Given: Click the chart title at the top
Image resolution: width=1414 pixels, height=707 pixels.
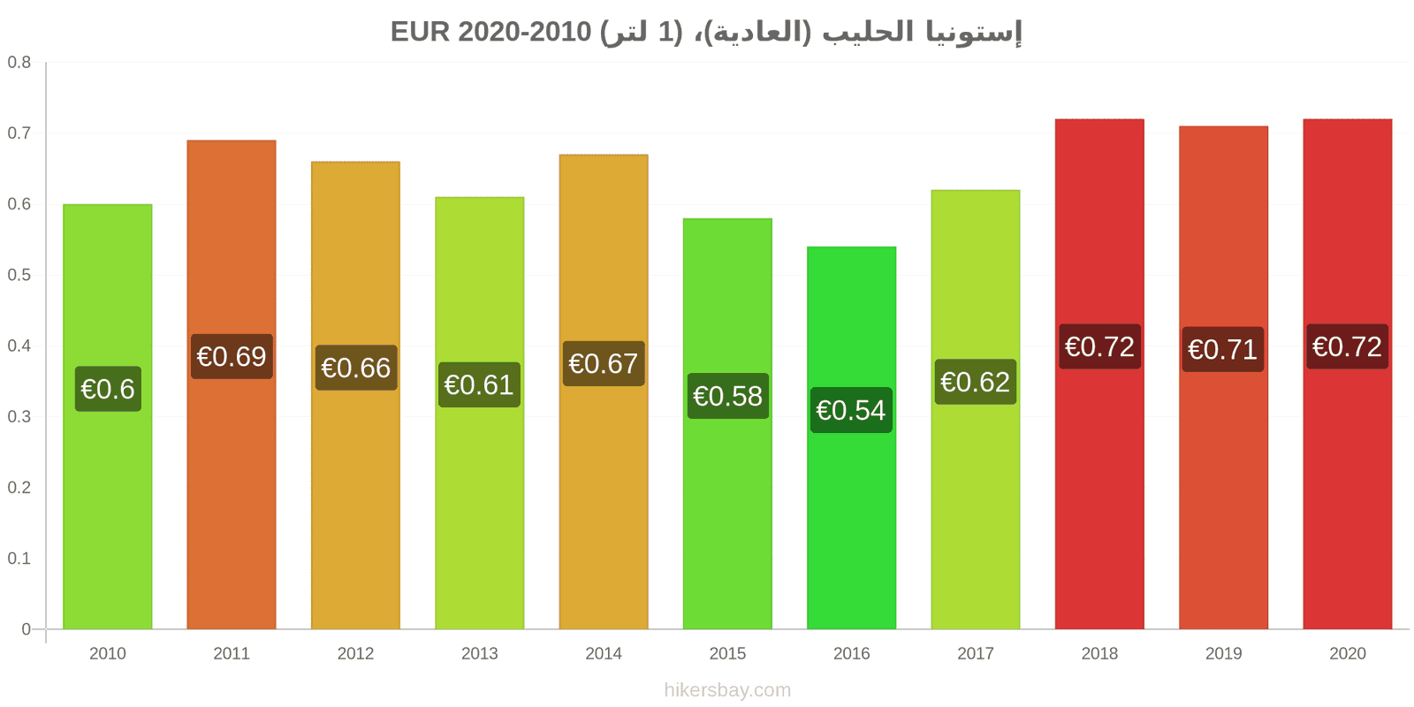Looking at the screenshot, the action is pyautogui.click(x=706, y=32).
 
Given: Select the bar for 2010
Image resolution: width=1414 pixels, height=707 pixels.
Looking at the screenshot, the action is pyautogui.click(x=107, y=416).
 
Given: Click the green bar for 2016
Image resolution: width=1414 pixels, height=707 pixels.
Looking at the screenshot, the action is pyautogui.click(x=852, y=438).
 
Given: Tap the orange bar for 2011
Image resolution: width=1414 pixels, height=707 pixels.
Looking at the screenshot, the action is pyautogui.click(x=232, y=385).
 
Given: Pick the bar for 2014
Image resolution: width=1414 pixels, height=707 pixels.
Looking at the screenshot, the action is pyautogui.click(x=604, y=392).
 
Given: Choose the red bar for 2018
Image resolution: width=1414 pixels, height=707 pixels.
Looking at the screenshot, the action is pyautogui.click(x=1099, y=375).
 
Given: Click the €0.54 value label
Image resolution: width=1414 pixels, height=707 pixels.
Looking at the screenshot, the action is pyautogui.click(x=852, y=410).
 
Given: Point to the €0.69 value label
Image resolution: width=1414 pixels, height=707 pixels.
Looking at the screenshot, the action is pyautogui.click(x=232, y=357).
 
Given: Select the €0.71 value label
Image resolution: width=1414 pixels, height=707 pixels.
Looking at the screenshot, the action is pyautogui.click(x=1223, y=349).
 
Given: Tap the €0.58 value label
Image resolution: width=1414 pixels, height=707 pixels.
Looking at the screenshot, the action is pyautogui.click(x=728, y=396).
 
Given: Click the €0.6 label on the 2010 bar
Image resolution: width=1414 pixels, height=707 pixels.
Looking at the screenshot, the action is pyautogui.click(x=108, y=389).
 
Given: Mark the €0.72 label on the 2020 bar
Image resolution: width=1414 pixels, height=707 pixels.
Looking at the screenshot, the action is pyautogui.click(x=1347, y=346).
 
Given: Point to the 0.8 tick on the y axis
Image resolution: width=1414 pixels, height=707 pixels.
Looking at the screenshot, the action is pyautogui.click(x=19, y=62).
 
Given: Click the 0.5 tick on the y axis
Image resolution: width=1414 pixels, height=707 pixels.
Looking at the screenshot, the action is pyautogui.click(x=19, y=275).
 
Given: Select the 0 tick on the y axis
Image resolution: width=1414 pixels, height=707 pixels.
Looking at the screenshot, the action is pyautogui.click(x=26, y=628).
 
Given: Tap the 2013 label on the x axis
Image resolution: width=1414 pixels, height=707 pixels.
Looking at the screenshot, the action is pyautogui.click(x=479, y=653).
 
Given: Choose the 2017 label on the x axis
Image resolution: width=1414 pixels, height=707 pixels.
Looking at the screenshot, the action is pyautogui.click(x=976, y=653).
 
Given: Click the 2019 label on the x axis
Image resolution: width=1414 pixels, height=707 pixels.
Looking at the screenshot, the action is pyautogui.click(x=1223, y=653).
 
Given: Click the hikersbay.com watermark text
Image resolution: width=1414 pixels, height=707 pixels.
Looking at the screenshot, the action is pyautogui.click(x=727, y=690).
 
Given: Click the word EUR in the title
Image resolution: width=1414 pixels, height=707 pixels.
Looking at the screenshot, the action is pyautogui.click(x=420, y=32).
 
